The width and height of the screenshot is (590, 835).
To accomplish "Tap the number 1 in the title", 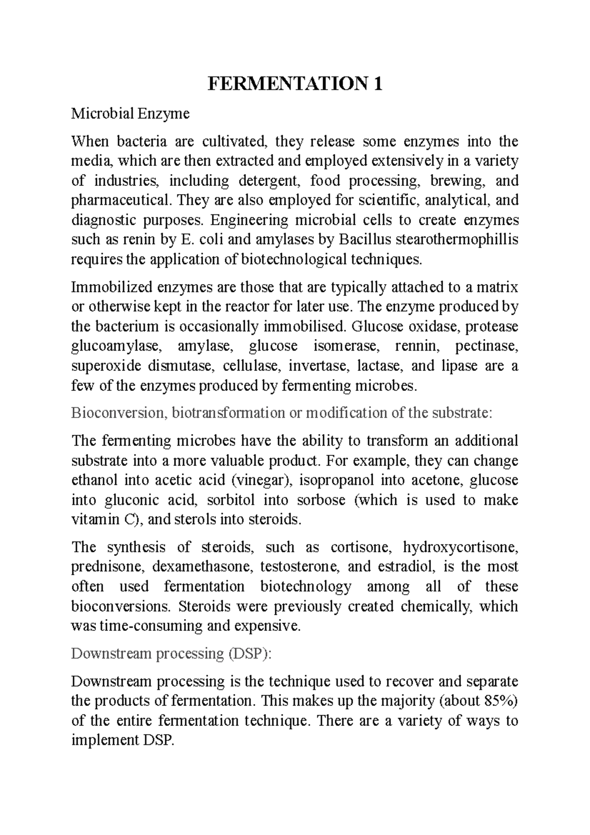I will [378, 85].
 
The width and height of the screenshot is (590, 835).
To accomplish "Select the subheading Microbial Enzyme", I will [130, 114].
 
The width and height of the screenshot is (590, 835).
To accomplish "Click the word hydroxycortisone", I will [460, 547].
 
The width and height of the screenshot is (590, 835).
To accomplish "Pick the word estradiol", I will [406, 567].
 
